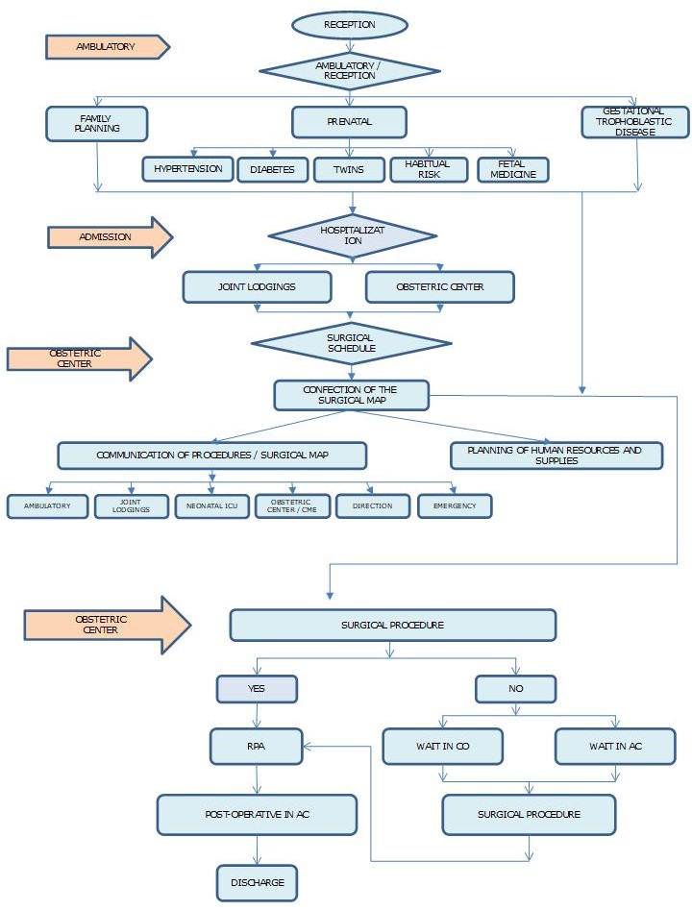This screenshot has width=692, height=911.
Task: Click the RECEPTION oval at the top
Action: pos(349,24)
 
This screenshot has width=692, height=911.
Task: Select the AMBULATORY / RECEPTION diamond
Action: pos(349,70)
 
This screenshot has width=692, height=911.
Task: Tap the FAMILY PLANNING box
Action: pos(96,123)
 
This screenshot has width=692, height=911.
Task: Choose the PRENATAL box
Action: pos(349,122)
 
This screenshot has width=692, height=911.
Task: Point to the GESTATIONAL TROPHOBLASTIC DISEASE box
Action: pos(635,122)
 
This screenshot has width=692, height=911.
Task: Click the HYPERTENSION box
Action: pos(187,169)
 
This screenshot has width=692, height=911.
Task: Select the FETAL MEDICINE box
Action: pos(513,170)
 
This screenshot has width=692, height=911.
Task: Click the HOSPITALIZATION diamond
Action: pos(352,236)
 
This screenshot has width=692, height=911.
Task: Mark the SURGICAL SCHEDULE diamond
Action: pos(351,343)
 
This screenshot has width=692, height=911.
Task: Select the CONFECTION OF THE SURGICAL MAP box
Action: pos(351,395)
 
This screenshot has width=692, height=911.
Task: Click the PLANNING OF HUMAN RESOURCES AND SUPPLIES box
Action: pos(556,455)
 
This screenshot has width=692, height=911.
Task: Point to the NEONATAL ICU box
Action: pos(211,506)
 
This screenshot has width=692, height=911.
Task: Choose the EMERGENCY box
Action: pos(455,506)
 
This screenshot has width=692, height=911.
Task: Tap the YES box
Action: pos(257,689)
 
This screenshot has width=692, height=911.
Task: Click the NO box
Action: pos(515,689)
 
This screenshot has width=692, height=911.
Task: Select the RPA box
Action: pos(257,745)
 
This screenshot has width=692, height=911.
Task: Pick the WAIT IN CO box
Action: pos(443,746)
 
